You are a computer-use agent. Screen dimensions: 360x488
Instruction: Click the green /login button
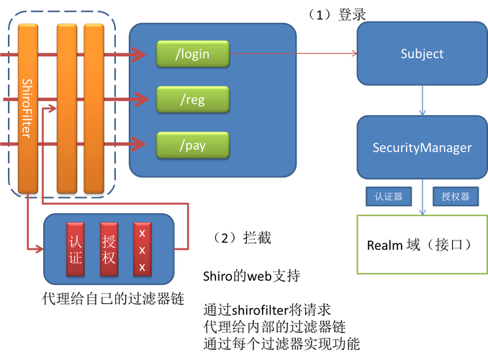pyautogui.click(x=193, y=53)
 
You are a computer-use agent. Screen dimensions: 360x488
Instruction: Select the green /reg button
pyautogui.click(x=193, y=99)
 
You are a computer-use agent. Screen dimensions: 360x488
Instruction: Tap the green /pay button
pyautogui.click(x=193, y=145)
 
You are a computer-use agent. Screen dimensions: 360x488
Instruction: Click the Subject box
pyautogui.click(x=422, y=54)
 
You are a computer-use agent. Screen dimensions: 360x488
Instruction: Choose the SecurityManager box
pyautogui.click(x=422, y=148)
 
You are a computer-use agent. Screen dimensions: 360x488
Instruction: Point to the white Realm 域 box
pyautogui.click(x=422, y=245)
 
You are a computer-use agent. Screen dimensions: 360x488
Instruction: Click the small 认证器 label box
pyautogui.click(x=389, y=196)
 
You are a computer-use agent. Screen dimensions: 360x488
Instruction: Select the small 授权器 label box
pyautogui.click(x=455, y=196)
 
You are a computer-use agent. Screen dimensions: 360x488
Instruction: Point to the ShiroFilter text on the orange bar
pyautogui.click(x=27, y=108)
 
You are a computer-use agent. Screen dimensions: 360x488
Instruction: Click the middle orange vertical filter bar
pyautogui.click(x=66, y=108)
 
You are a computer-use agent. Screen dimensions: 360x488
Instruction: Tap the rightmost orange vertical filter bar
pyautogui.click(x=94, y=108)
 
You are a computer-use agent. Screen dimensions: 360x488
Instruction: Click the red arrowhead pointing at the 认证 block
pyautogui.click(x=39, y=249)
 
